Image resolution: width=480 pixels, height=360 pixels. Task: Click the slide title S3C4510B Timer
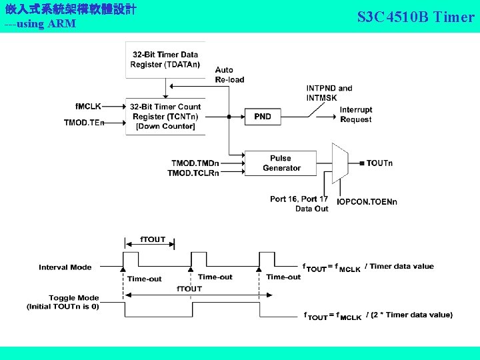[415, 17]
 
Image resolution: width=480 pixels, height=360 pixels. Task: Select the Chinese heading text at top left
[71, 9]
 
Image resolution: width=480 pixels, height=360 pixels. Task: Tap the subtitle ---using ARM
[40, 24]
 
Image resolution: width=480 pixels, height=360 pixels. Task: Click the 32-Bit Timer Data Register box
[165, 59]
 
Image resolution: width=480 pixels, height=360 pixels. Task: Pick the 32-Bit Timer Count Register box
[165, 116]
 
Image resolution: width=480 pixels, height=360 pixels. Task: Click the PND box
[263, 117]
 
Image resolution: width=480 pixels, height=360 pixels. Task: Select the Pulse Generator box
[281, 163]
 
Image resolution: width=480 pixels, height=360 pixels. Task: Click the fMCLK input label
[88, 106]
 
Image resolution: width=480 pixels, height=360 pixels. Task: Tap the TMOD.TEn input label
[84, 123]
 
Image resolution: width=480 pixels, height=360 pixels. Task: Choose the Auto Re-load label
[229, 75]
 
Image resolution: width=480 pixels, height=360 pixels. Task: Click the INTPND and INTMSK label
[329, 93]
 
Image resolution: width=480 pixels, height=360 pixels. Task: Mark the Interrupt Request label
[356, 115]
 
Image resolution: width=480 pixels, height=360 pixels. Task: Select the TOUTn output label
[379, 163]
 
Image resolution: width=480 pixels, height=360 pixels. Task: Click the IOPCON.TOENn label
[367, 201]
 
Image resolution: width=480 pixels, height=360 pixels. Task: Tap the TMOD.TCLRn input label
[193, 173]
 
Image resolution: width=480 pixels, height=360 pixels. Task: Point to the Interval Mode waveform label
[65, 267]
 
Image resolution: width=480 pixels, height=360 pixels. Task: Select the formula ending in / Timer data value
[368, 267]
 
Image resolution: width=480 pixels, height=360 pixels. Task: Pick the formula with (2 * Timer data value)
[378, 315]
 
